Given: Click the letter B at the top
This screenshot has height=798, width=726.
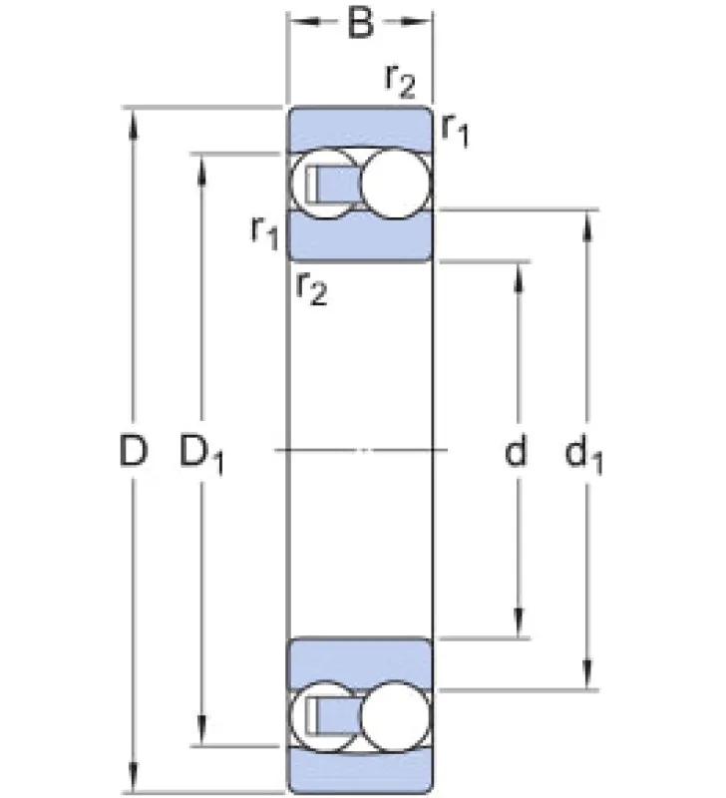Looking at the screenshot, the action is click(x=360, y=23).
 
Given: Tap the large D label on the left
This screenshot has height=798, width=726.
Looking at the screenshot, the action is click(x=134, y=451).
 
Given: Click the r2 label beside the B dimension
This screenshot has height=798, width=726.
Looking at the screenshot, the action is click(x=400, y=82).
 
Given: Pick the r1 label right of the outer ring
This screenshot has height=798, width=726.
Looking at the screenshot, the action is click(x=455, y=131).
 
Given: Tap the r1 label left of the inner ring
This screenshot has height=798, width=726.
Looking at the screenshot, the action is click(x=265, y=233).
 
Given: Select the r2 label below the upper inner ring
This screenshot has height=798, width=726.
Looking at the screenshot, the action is click(x=311, y=288).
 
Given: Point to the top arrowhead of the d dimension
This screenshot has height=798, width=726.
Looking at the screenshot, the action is click(x=519, y=277).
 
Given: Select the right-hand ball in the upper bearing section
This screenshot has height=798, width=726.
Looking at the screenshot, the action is click(x=396, y=184).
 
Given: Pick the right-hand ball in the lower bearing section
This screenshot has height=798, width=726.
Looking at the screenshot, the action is click(x=396, y=716).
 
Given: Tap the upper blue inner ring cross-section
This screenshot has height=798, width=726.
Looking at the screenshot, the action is click(x=360, y=235).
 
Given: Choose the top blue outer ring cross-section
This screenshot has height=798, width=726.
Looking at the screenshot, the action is click(x=360, y=129).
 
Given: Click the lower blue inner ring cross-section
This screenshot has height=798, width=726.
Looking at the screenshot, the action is click(x=360, y=662).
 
